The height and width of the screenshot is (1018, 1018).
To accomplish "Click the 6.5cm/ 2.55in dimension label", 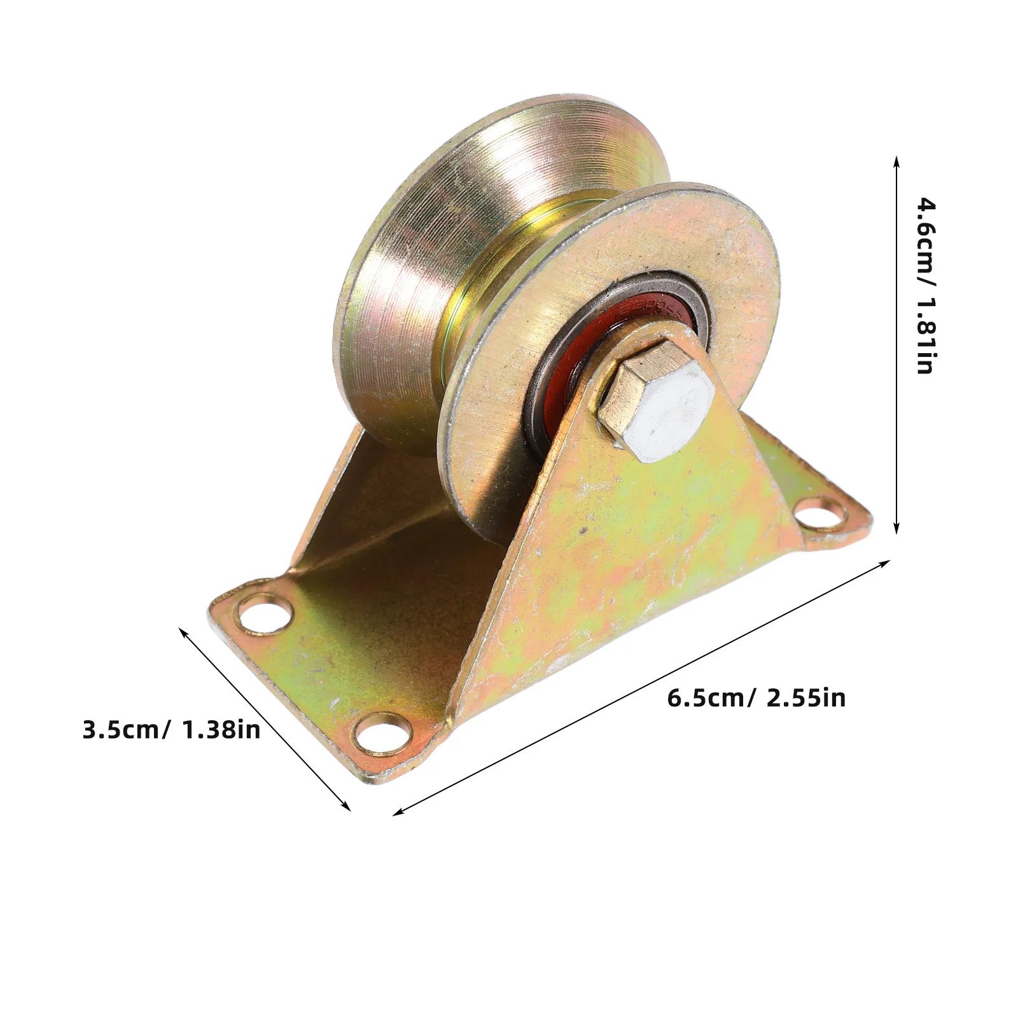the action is point(757,698).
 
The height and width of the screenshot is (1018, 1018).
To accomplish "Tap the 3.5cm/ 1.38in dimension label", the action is point(172,729).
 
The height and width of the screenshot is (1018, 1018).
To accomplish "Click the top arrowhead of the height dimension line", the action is point(896,162).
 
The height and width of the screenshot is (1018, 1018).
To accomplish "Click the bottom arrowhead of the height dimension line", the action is point(896,527).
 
